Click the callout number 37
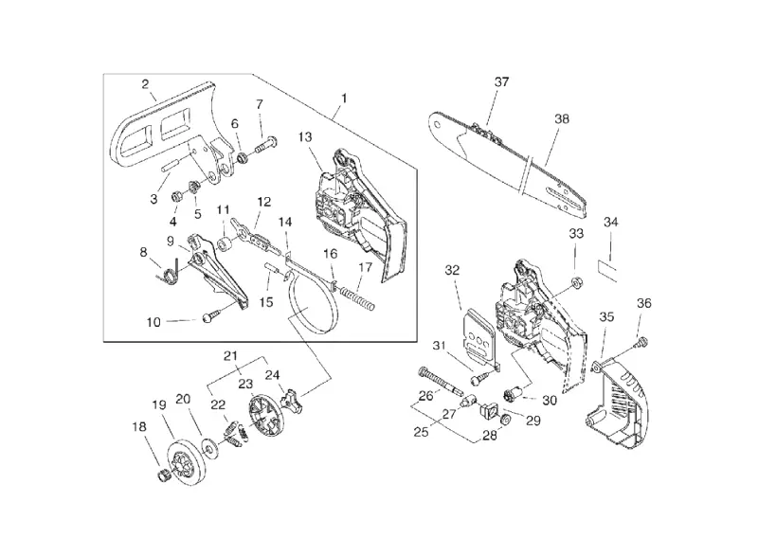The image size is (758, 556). (x=501, y=82)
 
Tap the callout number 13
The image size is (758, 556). (x=305, y=137)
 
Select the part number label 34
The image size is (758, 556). (x=610, y=223)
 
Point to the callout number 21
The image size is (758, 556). (x=230, y=356)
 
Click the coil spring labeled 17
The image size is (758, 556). (x=357, y=299)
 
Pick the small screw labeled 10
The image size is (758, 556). (x=208, y=317)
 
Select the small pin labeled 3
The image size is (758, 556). (x=171, y=163)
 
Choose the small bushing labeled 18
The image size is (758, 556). (x=164, y=475)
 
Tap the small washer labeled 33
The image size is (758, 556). (x=575, y=281)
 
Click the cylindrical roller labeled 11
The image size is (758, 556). (x=226, y=243)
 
